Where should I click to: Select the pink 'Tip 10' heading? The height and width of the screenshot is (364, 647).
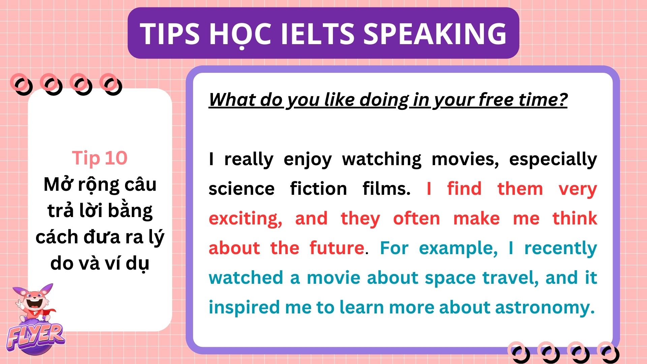pos(100,158)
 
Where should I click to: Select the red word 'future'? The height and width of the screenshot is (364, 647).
pos(337,248)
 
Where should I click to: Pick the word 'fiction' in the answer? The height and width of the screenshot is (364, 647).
pos(318,188)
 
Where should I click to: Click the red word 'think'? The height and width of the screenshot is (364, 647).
pos(575,218)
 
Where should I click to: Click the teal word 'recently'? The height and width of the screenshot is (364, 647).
pos(561,249)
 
